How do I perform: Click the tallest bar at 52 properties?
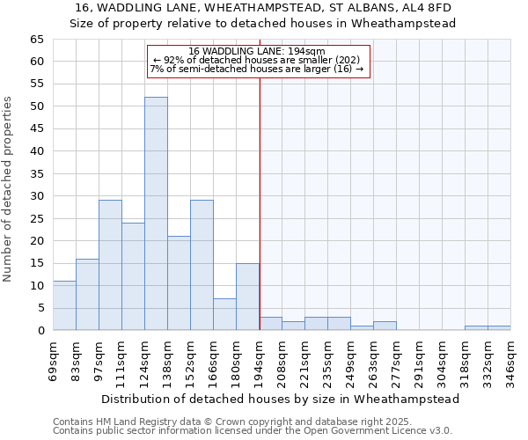click(x=156, y=214)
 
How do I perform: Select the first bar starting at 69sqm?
click(x=64, y=305)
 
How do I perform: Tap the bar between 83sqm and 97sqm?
click(x=87, y=295)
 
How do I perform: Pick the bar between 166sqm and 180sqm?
click(x=224, y=314)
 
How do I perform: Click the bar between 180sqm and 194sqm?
click(x=247, y=297)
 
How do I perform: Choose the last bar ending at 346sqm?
click(x=499, y=328)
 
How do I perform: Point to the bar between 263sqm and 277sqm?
click(x=385, y=326)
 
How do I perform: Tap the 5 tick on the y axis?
click(x=40, y=308)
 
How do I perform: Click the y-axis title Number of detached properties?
click(x=9, y=189)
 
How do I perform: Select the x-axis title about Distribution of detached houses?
click(x=281, y=399)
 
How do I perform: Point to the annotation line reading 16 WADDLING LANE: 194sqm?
click(x=257, y=51)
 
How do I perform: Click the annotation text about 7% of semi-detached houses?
click(x=257, y=69)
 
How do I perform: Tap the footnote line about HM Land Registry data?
click(x=225, y=422)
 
